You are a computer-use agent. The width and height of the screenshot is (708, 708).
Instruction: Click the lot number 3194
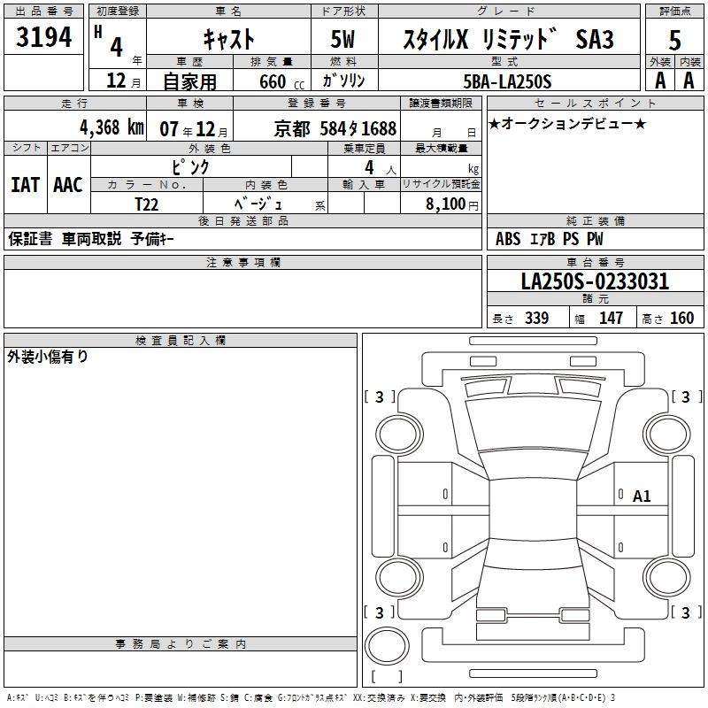point(43,36)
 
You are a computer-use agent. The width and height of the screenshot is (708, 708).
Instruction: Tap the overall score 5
point(674,41)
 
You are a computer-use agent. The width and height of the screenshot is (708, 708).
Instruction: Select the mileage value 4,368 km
point(112,127)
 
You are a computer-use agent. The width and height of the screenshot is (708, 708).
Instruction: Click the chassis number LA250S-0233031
point(595,281)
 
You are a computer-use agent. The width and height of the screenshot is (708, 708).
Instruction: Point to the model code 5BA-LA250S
point(507,81)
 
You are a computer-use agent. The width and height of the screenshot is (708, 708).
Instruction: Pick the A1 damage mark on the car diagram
point(642,496)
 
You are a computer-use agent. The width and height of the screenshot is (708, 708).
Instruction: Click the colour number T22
point(147,204)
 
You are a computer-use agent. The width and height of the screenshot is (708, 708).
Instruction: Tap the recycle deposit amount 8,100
point(445,204)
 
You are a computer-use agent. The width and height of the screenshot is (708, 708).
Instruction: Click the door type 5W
point(342,39)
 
